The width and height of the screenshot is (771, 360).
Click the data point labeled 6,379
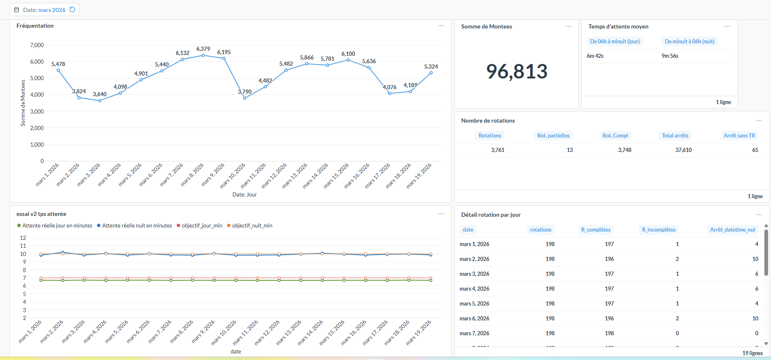203,55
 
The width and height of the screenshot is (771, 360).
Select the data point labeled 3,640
100,101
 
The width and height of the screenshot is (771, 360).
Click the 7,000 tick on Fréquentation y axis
37,45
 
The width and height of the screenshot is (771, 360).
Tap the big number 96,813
517,71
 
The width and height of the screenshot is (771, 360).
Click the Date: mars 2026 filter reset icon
72,9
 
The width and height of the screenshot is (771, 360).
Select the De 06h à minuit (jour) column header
614,41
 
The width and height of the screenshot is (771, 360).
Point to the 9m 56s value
670,56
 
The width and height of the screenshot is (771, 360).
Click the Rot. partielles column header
553,135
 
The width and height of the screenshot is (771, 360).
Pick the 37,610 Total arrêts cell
683,150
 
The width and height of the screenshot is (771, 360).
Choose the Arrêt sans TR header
739,135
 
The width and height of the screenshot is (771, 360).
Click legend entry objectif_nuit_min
252,225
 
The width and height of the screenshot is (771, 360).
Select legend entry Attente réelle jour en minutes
57,225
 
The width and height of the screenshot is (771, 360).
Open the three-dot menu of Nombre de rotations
759,121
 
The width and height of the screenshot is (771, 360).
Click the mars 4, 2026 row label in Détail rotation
474,289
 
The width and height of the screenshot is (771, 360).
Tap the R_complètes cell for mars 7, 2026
609,333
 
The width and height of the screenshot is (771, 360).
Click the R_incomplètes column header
659,230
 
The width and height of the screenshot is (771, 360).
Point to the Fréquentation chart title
35,26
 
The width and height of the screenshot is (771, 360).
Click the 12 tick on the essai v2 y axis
23,238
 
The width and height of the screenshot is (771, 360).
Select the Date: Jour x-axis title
244,194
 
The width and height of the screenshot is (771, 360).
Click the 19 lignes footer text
752,353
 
